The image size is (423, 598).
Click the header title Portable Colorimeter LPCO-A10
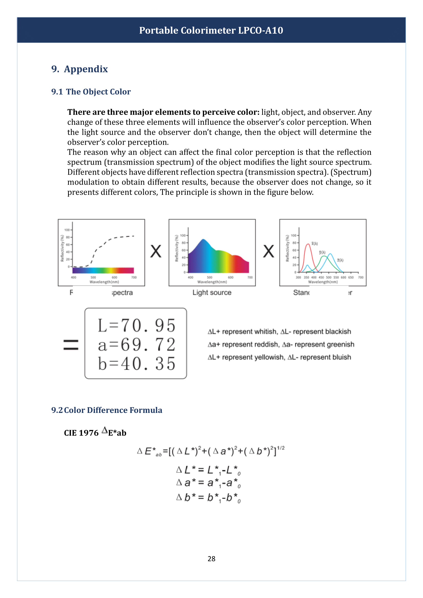coord(211,30)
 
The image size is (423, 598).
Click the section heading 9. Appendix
coord(80,69)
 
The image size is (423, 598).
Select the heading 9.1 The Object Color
coord(91,92)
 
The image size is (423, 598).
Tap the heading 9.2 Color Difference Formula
coord(107,410)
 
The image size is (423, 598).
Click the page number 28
coord(211,559)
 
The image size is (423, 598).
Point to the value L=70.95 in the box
coord(136,325)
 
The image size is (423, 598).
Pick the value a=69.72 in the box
coord(136,345)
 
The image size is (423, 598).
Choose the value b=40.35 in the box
coord(136,364)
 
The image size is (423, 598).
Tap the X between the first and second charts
coord(156,251)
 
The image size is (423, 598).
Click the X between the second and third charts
coord(268,251)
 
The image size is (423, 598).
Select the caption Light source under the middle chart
coord(212,292)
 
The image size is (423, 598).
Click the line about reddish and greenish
coord(281,344)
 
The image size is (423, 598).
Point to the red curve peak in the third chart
coord(308,244)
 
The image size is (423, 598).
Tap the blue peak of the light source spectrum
coord(203,240)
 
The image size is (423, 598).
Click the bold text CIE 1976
coord(81,433)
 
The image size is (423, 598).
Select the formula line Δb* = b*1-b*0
coord(208,498)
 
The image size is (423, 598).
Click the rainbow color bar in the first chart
coord(103,270)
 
